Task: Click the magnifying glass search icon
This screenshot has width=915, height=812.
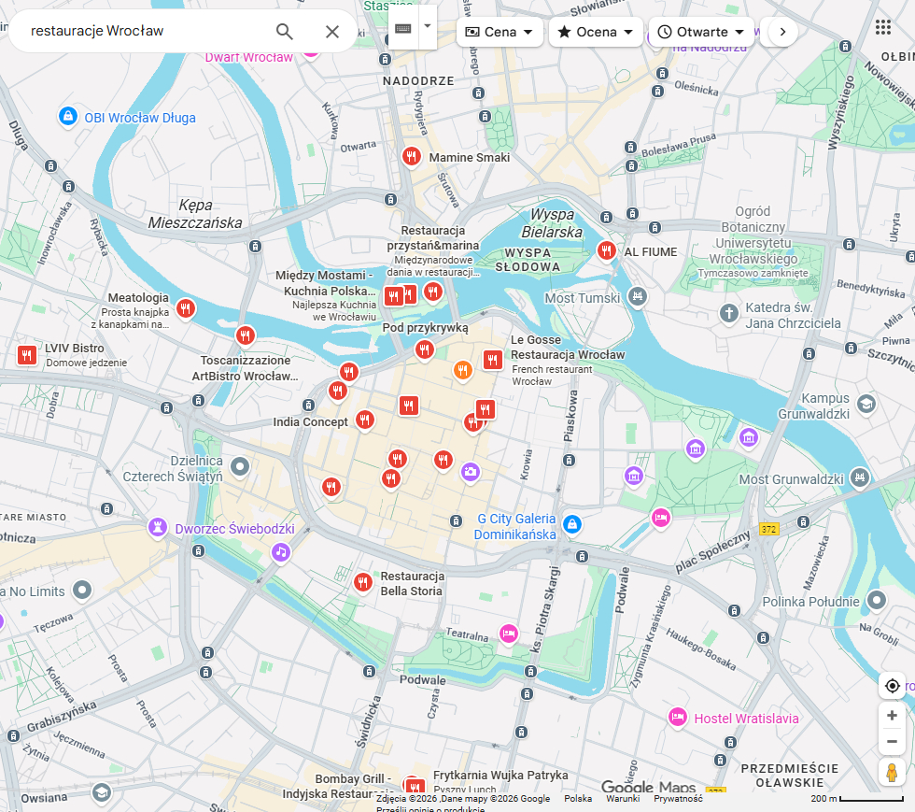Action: coord(285,32)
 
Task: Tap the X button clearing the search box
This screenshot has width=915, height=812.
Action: coord(332,32)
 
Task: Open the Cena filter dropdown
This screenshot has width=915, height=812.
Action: coord(500,32)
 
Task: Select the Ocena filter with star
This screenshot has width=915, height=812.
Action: coord(595,32)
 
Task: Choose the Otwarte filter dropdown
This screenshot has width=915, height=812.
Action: coord(701,32)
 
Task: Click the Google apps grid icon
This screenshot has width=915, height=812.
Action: coord(883,27)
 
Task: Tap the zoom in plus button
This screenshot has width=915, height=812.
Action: coord(892,716)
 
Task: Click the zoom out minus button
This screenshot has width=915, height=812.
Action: coord(892,742)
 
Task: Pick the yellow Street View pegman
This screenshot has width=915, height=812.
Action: coord(892,773)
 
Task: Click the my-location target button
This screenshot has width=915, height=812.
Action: coord(892,686)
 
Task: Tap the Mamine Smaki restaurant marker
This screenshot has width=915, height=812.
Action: coord(411,157)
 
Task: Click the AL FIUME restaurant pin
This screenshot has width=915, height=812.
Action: coord(607,250)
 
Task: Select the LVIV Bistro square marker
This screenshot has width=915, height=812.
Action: coord(27,355)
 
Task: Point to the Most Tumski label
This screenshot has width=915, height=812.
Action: coord(582,298)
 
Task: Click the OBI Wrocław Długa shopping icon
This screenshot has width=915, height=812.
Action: coord(67,117)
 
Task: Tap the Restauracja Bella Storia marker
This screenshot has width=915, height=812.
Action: coord(363,582)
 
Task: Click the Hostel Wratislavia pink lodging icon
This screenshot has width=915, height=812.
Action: coord(678,718)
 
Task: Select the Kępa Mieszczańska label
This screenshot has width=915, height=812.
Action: coord(195,214)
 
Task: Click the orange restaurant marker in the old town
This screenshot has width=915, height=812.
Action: coord(462,371)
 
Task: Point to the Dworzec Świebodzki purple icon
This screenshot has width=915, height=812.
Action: coord(158,529)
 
